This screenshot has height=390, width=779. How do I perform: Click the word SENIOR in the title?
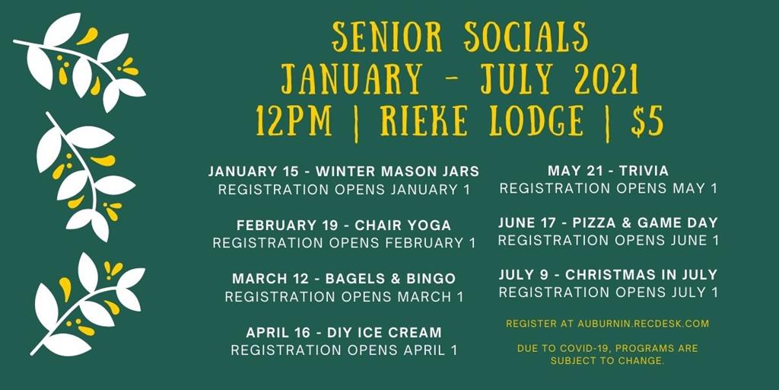click(x=387, y=37)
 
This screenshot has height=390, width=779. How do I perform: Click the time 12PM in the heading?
click(x=294, y=121)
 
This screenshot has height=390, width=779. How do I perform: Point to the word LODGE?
click(x=536, y=121)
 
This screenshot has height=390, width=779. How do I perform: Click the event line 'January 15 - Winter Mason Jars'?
click(x=344, y=171)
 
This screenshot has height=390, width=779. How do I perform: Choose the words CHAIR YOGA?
click(x=403, y=225)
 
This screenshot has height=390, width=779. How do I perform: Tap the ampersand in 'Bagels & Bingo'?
click(x=396, y=279)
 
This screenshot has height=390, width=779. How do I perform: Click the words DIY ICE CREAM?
click(x=384, y=332)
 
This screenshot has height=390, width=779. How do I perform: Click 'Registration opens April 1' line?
click(x=344, y=350)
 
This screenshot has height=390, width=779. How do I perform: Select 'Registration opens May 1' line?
click(x=609, y=189)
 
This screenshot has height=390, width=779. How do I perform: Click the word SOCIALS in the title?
click(x=526, y=37)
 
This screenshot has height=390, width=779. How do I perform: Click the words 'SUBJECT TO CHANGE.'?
click(x=607, y=361)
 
